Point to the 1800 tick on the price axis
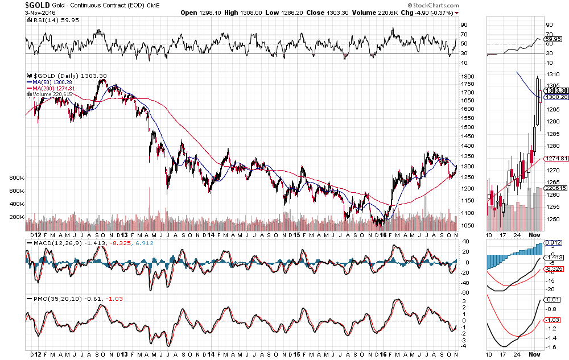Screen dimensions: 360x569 (x=468, y=76)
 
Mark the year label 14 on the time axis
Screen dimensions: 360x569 (x=211, y=234)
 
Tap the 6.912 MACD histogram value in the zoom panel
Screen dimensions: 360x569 (x=552, y=243)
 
